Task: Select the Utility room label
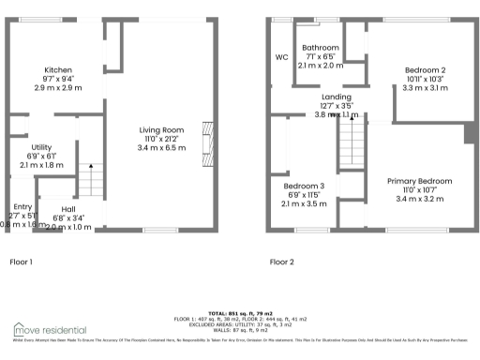tap(41, 147)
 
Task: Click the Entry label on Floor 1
tap(21, 206)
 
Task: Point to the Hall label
tap(68, 209)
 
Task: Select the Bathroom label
tap(321, 47)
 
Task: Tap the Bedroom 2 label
tap(425, 70)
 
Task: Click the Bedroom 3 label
tap(304, 185)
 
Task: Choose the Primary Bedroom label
tap(421, 181)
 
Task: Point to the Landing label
tap(336, 97)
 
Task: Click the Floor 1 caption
tap(21, 262)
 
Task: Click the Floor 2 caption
tap(281, 262)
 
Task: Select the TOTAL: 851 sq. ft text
tap(240, 311)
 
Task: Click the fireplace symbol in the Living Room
tap(207, 140)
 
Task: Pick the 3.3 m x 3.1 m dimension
tap(425, 88)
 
